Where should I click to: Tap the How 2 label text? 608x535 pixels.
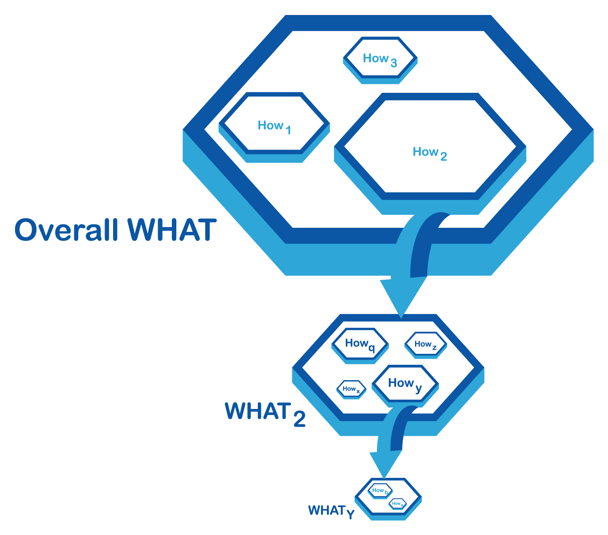tap(429, 153)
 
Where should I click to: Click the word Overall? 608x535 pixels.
tap(66, 230)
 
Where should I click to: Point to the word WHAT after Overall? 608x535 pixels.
tap(172, 230)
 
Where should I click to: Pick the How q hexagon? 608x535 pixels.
tap(360, 344)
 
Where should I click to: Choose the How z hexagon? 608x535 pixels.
tap(426, 345)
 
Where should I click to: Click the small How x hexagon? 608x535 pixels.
tap(351, 389)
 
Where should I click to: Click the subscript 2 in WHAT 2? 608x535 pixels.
tap(300, 419)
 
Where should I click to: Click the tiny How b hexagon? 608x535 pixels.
tap(380, 491)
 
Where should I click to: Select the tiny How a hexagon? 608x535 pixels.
tap(397, 504)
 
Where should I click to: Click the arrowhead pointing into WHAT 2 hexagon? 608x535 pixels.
tap(401, 300)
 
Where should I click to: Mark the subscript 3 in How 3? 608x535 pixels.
tap(394, 63)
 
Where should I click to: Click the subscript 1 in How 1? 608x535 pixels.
tap(288, 130)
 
